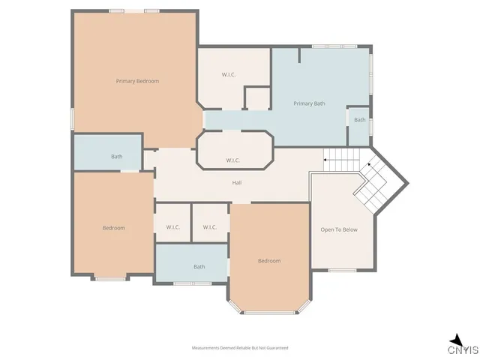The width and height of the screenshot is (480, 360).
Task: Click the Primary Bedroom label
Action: (137, 81)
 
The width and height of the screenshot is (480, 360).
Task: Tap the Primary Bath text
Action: (309, 103)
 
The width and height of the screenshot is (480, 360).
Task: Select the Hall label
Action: (235, 182)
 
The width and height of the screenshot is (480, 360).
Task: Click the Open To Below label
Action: (339, 229)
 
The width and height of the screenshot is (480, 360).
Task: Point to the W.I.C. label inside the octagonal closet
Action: (233, 160)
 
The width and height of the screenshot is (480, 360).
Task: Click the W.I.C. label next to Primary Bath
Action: (229, 74)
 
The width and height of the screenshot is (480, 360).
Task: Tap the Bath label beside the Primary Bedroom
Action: (117, 157)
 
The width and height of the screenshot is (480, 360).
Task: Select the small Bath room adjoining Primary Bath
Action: (360, 121)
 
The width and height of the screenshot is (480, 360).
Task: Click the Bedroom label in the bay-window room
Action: (269, 261)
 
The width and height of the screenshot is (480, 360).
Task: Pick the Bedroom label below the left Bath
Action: (114, 227)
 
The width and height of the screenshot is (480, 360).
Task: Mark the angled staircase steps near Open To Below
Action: (373, 184)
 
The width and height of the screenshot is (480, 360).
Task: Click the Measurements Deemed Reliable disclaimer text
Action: (240, 348)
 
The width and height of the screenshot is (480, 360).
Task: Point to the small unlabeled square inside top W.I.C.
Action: (257, 98)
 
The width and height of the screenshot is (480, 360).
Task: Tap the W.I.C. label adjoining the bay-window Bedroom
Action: (210, 227)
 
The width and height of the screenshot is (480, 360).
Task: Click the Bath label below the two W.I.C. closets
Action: (199, 267)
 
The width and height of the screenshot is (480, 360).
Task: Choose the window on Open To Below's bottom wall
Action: (343, 270)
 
